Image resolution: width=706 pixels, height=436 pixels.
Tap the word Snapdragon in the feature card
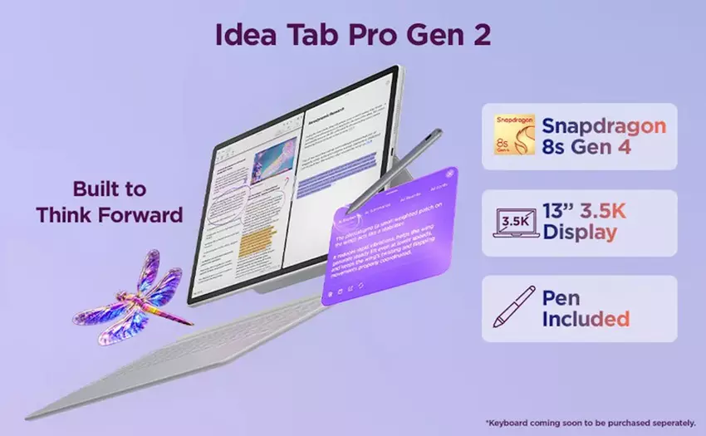603,125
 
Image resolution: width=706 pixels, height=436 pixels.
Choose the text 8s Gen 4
591,150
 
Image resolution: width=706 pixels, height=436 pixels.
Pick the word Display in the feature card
580,234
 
